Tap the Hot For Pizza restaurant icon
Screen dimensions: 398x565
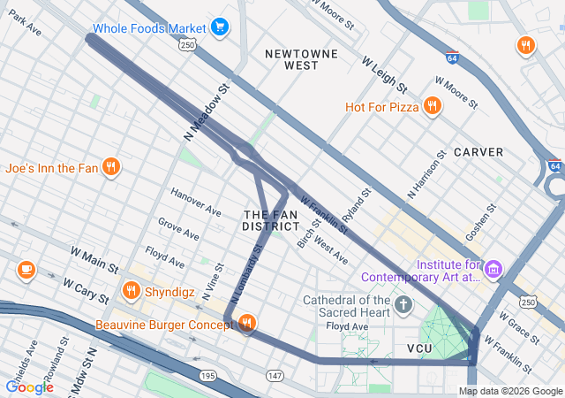tap(432, 107)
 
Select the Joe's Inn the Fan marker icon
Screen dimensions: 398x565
tap(110, 167)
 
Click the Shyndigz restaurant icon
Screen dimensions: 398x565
tap(132, 289)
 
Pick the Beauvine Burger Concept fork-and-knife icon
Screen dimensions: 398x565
tap(246, 325)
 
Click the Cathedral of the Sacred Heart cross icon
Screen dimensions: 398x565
tap(403, 306)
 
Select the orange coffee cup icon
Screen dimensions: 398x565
tap(26, 269)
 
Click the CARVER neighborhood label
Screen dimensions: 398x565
tap(478, 152)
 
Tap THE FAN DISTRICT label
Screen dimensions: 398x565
tap(271, 221)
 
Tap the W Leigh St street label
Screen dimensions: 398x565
tap(384, 75)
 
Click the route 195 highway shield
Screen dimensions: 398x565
tap(207, 376)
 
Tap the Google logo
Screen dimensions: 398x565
tap(29, 387)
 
